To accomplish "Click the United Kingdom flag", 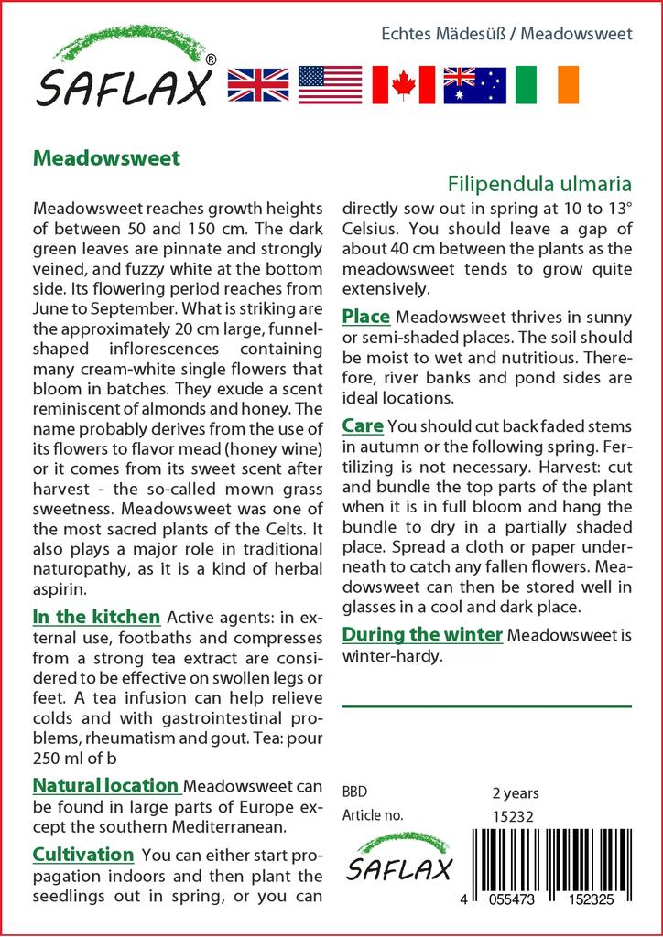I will pos(258,83).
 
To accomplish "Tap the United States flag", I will pos(331,83).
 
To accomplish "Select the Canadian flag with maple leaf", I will pos(403,83).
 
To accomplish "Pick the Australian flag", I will pos(475,83).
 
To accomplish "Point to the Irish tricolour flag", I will pos(548,83).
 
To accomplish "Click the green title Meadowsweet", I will pos(106,158).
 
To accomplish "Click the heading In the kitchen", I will pos(96,617).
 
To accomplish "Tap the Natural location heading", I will pos(105,785).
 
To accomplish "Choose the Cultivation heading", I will pos(83,855).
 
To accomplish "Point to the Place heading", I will pos(366,317).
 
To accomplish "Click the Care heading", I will pos(363,425).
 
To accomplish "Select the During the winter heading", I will pos(422,634).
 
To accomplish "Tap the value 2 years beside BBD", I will pos(516,792).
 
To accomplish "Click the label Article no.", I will pos(372,815).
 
